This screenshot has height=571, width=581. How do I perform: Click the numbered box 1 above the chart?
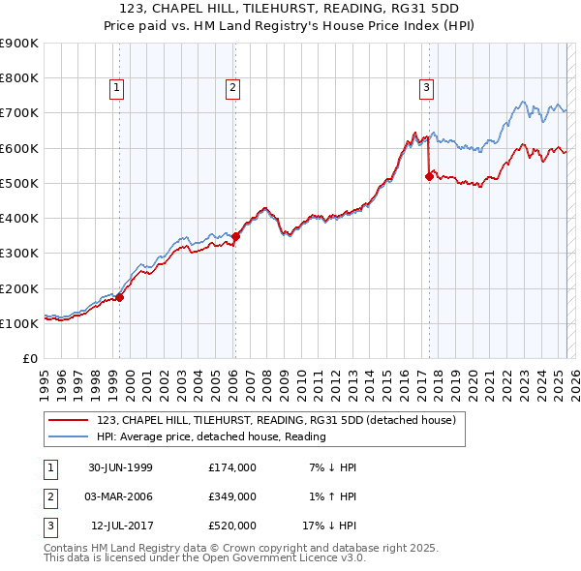pos(116,88)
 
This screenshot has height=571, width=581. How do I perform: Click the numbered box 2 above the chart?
pos(233,88)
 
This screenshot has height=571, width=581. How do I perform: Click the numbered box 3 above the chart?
pos(426,88)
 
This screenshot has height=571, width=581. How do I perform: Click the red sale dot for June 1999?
pos(120,298)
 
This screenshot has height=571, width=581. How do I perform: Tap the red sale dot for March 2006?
pos(235,236)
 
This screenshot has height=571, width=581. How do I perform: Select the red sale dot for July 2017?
pos(429,176)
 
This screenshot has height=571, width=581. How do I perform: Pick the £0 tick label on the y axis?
pos(31,359)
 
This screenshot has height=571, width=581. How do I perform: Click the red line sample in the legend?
pos(67,420)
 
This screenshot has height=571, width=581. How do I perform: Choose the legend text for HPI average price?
pos(211,436)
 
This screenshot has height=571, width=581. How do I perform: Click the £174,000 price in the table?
pos(231,467)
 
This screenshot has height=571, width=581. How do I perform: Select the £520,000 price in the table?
pos(231,526)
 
